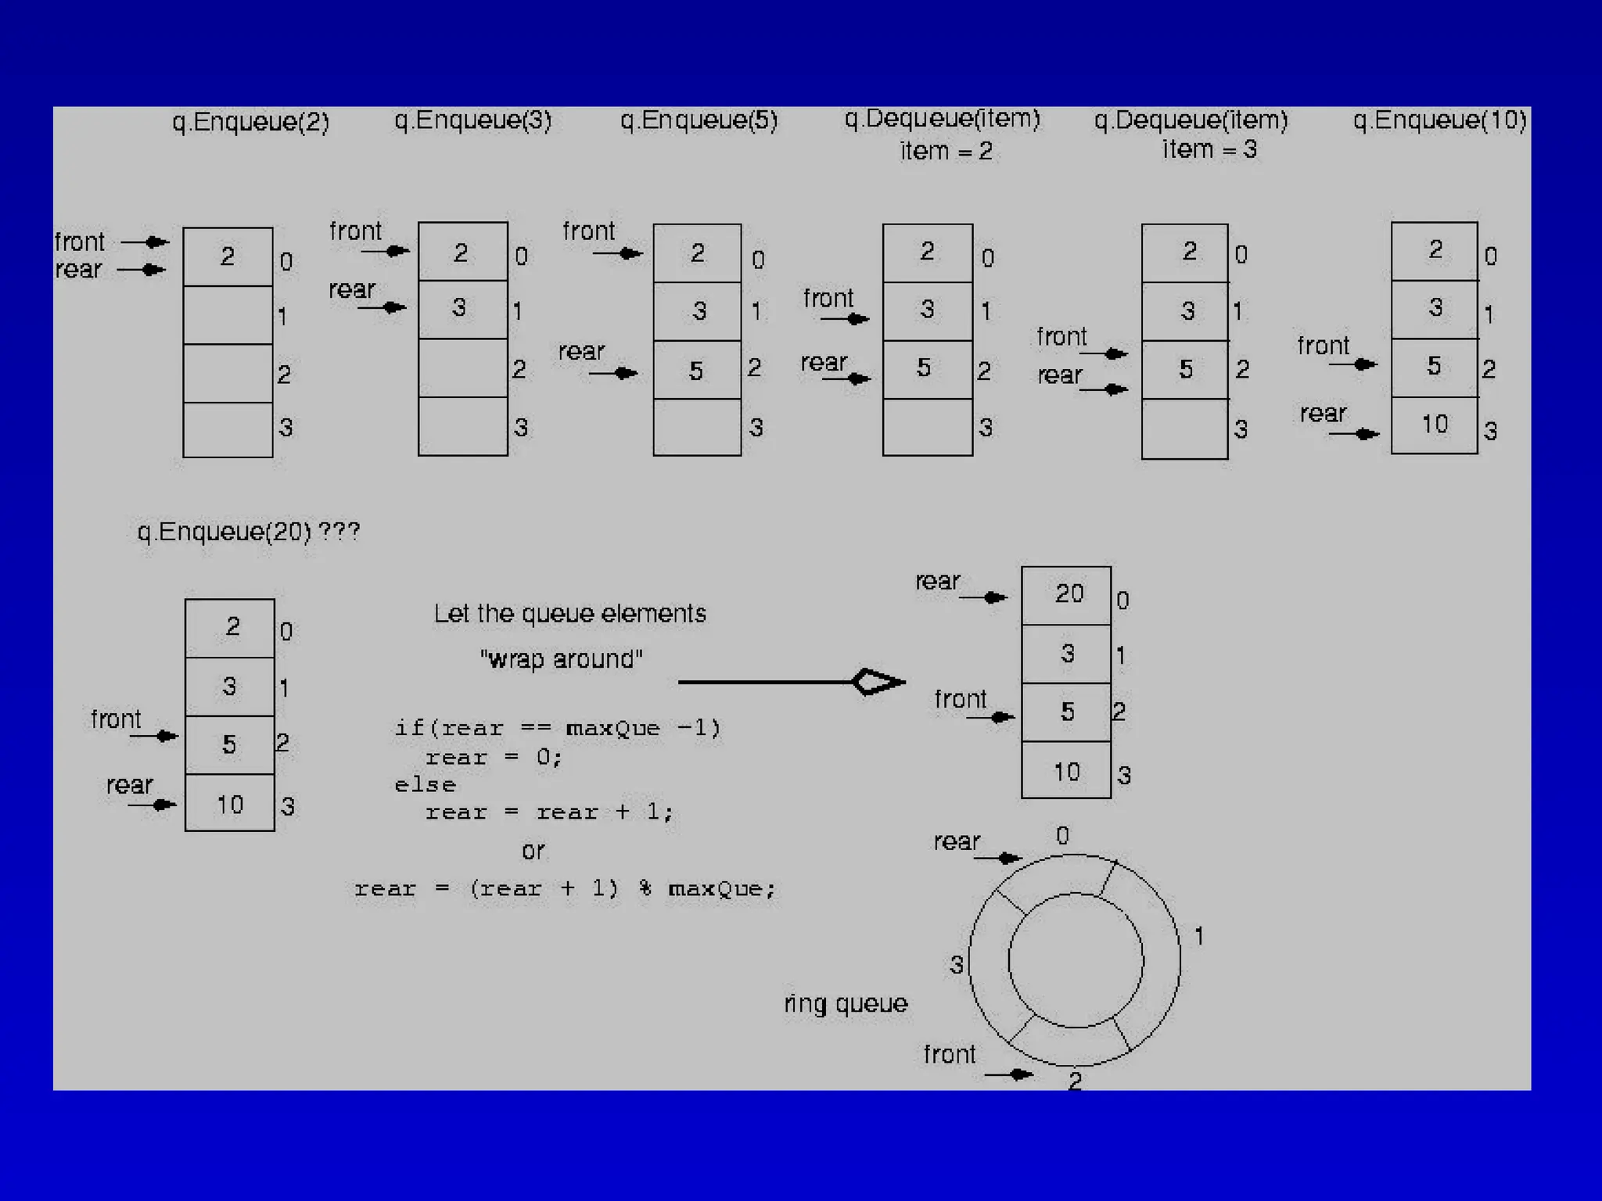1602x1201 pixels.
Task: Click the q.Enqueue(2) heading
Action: [x=250, y=122]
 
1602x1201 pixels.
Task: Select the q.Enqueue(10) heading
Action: [x=1439, y=120]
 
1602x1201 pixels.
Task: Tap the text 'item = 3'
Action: [x=1209, y=149]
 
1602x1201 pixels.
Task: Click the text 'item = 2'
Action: [x=946, y=150]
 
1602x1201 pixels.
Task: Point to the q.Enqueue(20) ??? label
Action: [x=249, y=532]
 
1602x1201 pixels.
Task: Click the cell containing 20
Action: [x=1066, y=595]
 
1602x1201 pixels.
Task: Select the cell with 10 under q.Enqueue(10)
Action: [x=1435, y=425]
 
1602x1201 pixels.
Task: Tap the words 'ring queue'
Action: [x=846, y=1003]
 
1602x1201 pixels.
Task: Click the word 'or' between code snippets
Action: [x=533, y=851]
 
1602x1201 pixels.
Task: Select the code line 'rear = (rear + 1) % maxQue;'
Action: [x=565, y=889]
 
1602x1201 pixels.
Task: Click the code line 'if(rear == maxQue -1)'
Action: [x=557, y=729]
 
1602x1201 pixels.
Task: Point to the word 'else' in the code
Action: [x=425, y=785]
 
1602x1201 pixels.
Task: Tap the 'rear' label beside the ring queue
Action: [x=957, y=842]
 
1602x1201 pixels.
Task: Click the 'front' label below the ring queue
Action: [x=949, y=1055]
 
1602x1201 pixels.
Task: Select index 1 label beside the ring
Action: [x=1198, y=936]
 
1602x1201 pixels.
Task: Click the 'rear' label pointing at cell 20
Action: [x=937, y=582]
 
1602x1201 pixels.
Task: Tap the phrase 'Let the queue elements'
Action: [x=569, y=614]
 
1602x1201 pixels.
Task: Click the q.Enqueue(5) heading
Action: [x=699, y=120]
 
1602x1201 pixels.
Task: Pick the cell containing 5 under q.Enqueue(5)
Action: [x=697, y=370]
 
